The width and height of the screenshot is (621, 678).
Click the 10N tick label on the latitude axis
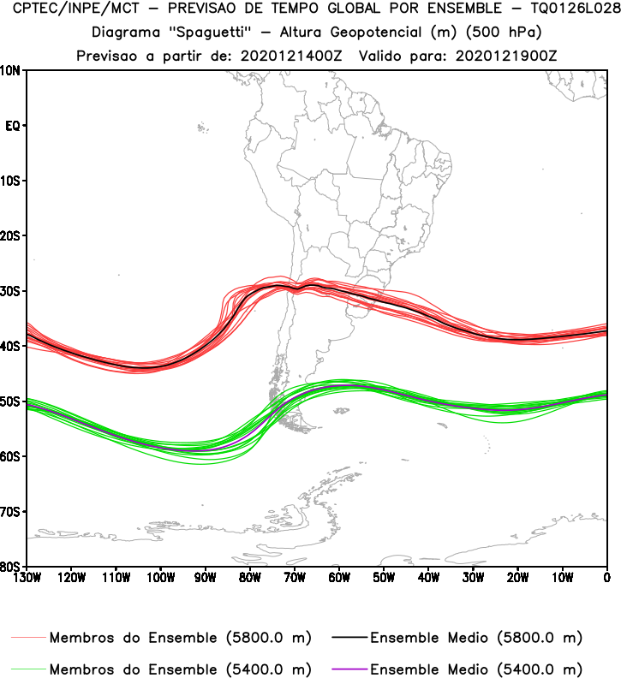[12, 71]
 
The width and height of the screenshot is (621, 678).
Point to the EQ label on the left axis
[13, 126]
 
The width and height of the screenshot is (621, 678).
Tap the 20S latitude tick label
[12, 235]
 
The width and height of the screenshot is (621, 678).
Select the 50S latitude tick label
[12, 401]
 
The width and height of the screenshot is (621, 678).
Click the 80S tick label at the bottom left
[12, 567]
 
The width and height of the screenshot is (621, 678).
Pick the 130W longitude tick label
[27, 578]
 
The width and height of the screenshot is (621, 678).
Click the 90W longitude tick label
[206, 578]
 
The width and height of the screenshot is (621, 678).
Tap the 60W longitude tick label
[339, 578]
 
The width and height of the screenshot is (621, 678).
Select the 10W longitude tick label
[563, 578]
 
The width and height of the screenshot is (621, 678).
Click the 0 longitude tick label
[606, 578]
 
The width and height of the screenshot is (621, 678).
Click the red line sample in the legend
[29, 638]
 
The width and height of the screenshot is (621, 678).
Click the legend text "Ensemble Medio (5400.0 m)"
[476, 669]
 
